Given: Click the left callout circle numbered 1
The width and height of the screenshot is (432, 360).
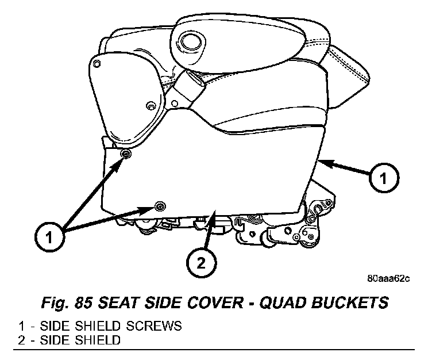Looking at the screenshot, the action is click(49, 236).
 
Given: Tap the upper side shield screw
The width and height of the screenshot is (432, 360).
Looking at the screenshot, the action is click(126, 155).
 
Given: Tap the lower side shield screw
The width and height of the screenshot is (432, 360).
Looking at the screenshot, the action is click(160, 205).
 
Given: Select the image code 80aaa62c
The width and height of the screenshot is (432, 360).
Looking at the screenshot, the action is click(389, 279).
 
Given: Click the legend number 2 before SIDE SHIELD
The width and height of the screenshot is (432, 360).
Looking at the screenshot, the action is click(21, 340).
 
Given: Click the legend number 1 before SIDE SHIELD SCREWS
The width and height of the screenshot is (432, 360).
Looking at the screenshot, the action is click(21, 326).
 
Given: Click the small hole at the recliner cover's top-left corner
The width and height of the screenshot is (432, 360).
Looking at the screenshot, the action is click(98, 62).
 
